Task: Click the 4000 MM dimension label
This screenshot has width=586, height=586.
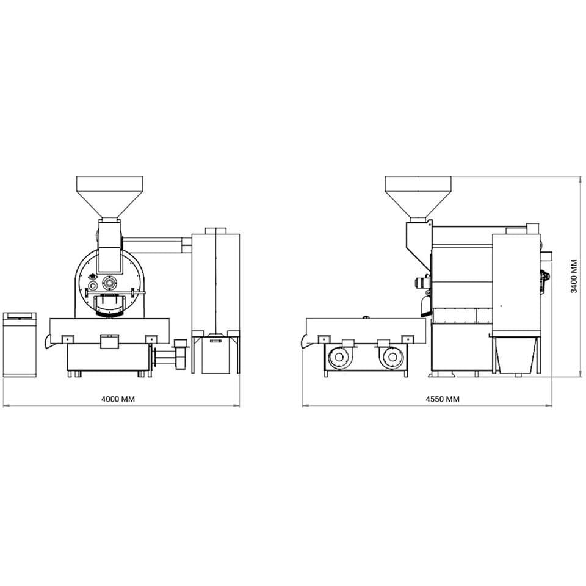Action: pyautogui.click(x=118, y=399)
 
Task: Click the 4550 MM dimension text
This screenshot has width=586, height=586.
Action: pyautogui.click(x=443, y=399)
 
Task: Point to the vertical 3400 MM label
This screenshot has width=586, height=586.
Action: pyautogui.click(x=574, y=277)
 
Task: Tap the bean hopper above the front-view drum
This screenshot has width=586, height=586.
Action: pyautogui.click(x=109, y=197)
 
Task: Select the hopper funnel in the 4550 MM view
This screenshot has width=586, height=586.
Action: pyautogui.click(x=418, y=197)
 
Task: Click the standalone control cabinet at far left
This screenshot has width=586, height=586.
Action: pyautogui.click(x=20, y=344)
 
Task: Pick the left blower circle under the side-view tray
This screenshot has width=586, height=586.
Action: pyautogui.click(x=339, y=357)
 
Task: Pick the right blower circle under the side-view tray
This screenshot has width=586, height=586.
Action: pyautogui.click(x=392, y=357)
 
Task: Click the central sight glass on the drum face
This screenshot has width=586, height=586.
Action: pyautogui.click(x=109, y=283)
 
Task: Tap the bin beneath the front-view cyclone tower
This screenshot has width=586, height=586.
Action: pyautogui.click(x=215, y=355)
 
